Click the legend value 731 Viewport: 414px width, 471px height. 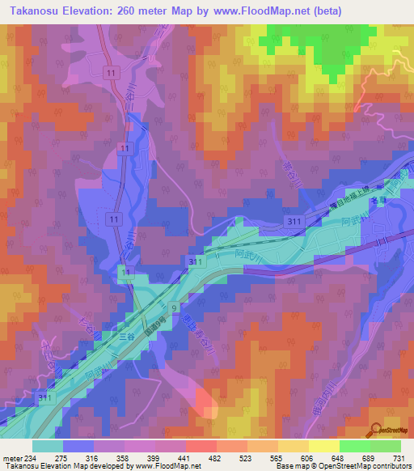pos(399,459)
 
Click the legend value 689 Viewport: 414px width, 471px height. pos(370,459)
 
